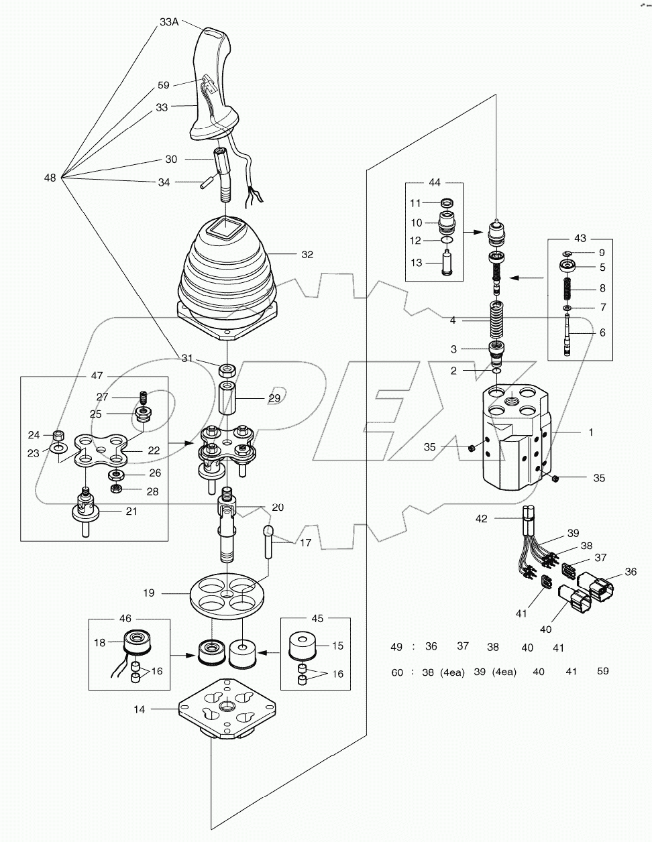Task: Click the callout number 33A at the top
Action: coord(169,21)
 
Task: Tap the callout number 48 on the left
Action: coord(50,178)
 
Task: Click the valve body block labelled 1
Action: coord(514,436)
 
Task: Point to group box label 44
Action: coord(435,182)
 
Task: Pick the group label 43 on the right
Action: coord(580,238)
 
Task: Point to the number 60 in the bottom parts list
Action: coord(397,671)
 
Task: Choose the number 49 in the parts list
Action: coord(396,647)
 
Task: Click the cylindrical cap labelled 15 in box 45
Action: coord(306,645)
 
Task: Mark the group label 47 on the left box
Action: coord(97,376)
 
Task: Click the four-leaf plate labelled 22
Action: coord(101,450)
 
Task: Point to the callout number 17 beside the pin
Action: coord(306,543)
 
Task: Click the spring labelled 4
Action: coord(496,321)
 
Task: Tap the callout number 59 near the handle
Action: coord(163,85)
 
